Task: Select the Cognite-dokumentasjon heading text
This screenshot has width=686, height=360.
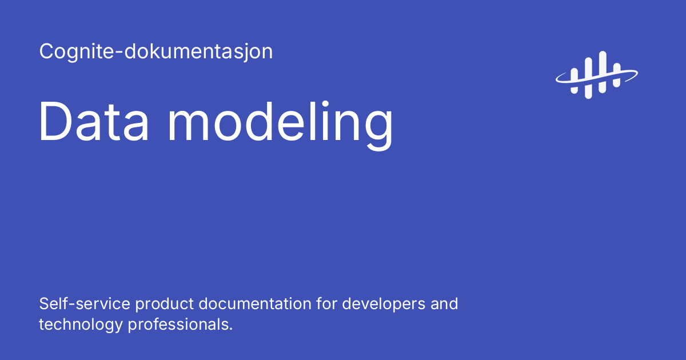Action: (x=156, y=52)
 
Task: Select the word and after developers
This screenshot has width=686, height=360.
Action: (x=444, y=303)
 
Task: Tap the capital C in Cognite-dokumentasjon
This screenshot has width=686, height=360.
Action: (x=46, y=52)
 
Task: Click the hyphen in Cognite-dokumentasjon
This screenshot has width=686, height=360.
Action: (x=121, y=54)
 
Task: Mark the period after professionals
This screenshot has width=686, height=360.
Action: (x=231, y=329)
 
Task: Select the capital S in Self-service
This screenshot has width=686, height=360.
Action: (x=44, y=303)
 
